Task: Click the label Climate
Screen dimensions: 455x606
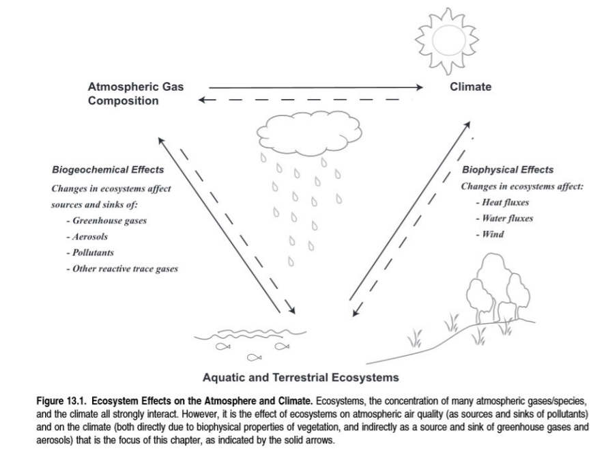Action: [470, 87]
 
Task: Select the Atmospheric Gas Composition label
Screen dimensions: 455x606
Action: [136, 94]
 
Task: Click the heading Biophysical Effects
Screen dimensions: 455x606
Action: [508, 169]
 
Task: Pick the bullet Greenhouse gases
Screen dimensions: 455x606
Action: [106, 221]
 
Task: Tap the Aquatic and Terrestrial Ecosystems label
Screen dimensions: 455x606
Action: [300, 376]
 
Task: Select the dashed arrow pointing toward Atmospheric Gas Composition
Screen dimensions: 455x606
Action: [307, 100]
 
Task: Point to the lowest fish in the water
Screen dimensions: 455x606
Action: [254, 356]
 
